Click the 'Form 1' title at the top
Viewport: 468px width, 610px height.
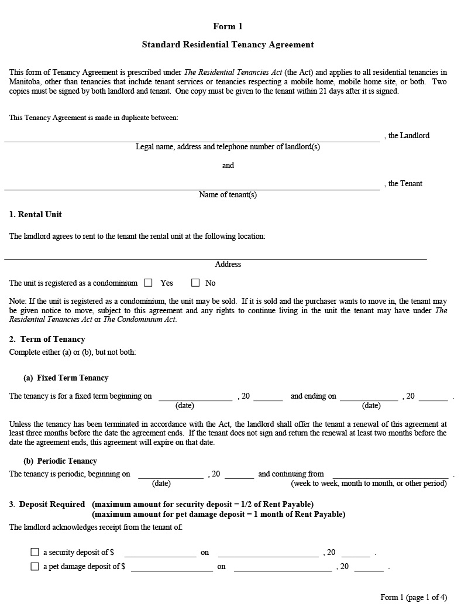[228, 26]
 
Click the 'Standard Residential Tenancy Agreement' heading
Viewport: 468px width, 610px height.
[228, 44]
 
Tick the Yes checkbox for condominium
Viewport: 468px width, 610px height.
[148, 283]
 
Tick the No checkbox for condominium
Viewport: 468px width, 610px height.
[195, 283]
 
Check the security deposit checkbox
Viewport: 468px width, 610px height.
[35, 552]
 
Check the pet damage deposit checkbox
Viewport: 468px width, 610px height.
[35, 566]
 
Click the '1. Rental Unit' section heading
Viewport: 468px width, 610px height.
[35, 214]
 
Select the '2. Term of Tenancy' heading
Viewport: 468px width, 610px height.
[47, 339]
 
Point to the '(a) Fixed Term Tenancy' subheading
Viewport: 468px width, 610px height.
[66, 378]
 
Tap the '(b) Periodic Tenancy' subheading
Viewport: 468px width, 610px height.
[60, 461]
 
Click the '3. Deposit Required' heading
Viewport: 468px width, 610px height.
[47, 504]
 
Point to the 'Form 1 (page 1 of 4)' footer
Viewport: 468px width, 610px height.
[414, 597]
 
